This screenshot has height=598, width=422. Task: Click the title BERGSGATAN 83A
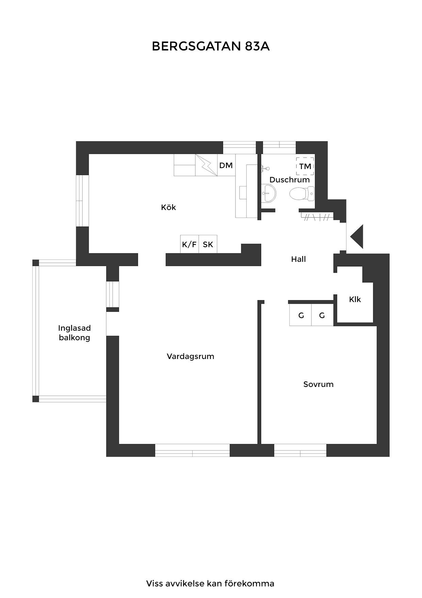pyautogui.click(x=211, y=46)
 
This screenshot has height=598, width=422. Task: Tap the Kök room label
pyautogui.click(x=168, y=207)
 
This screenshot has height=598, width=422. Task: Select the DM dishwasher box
pyautogui.click(x=226, y=165)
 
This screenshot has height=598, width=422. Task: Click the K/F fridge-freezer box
pyautogui.click(x=189, y=244)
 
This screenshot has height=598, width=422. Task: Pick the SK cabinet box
pyautogui.click(x=208, y=244)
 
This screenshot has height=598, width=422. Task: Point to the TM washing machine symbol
pyautogui.click(x=305, y=166)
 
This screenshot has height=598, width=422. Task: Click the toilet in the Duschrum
pyautogui.click(x=302, y=194)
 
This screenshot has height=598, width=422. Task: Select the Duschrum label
pyautogui.click(x=290, y=180)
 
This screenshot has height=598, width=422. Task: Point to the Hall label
pyautogui.click(x=298, y=259)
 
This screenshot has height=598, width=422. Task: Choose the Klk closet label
pyautogui.click(x=355, y=299)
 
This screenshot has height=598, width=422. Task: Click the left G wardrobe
pyautogui.click(x=301, y=315)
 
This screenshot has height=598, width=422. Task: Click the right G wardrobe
pyautogui.click(x=322, y=315)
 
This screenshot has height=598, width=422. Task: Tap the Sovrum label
pyautogui.click(x=319, y=384)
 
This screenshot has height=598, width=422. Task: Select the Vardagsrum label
pyautogui.click(x=191, y=357)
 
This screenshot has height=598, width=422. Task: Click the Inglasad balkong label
pyautogui.click(x=75, y=333)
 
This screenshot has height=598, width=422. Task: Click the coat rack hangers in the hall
pyautogui.click(x=317, y=217)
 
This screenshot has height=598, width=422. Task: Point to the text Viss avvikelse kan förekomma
pyautogui.click(x=210, y=583)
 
